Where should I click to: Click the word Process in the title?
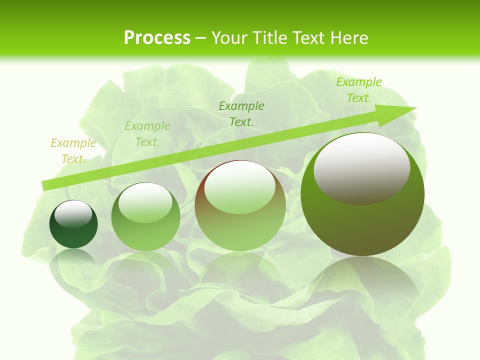point(157,37)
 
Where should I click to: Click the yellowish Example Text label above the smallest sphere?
point(73,151)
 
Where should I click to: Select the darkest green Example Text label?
point(241,113)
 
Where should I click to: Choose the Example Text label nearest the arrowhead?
point(359,90)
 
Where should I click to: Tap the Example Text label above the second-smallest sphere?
point(147,134)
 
